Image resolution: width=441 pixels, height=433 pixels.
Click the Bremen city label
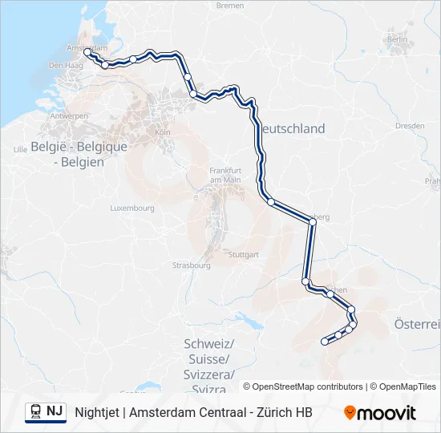click(229, 6)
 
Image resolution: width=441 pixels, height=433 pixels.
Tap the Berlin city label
click(397, 38)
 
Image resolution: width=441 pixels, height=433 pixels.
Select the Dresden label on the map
click(410, 126)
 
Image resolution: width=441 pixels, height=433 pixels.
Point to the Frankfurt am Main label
click(225, 175)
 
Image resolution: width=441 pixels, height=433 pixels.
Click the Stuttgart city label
click(244, 254)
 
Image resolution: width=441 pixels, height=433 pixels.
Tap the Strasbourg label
click(191, 265)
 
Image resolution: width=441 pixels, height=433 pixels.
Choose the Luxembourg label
click(132, 208)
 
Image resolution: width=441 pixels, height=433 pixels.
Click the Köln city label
click(163, 132)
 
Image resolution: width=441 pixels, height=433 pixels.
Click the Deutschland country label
click(290, 128)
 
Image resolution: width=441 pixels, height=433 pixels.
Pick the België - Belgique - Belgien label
click(79, 154)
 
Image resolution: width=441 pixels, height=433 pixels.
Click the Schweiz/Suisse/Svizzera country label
click(208, 358)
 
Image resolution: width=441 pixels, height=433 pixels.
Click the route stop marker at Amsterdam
click(87, 52)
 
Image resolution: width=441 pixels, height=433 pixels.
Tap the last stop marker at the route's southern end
click(325, 342)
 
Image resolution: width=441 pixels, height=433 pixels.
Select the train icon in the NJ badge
click(36, 411)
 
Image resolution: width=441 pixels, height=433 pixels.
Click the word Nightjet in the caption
click(98, 412)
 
